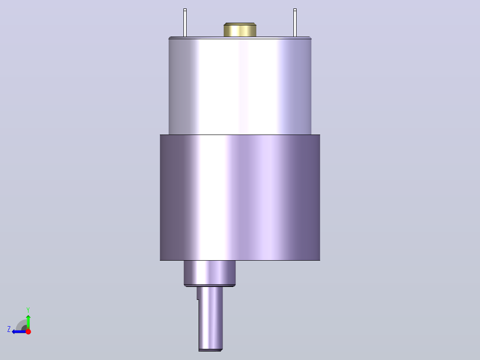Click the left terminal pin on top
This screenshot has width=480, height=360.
185,23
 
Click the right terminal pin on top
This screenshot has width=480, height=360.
295,23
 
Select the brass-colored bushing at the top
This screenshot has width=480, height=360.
240,30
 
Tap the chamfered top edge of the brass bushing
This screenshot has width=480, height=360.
240,24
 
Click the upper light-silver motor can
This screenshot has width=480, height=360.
240,86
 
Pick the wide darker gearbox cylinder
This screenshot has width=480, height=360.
240,198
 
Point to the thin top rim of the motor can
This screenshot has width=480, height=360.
240,38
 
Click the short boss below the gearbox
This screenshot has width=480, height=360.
210,273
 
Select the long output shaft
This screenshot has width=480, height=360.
210,319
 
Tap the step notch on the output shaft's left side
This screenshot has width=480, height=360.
198,299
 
